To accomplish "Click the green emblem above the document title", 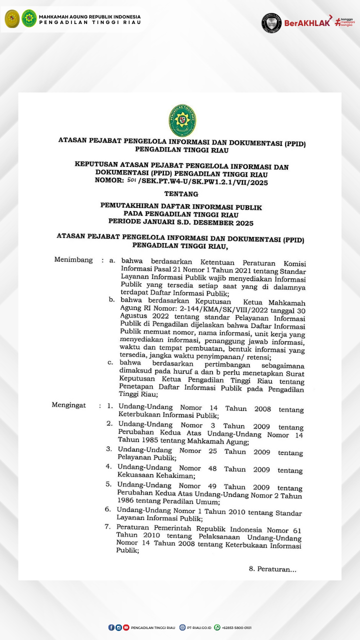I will tap(182, 120).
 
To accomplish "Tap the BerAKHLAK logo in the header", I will tap(307, 22).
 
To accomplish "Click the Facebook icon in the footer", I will tap(111, 627).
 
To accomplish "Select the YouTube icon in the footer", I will tap(126, 627).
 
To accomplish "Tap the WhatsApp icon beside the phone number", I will tap(217, 627).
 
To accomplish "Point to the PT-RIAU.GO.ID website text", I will tap(199, 627).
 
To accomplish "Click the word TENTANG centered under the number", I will tap(181, 194).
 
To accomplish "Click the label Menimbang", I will tap(73, 260).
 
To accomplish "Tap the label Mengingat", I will tap(69, 405).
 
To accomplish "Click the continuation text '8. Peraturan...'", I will tap(272, 569).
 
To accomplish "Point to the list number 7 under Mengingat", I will tap(107, 526).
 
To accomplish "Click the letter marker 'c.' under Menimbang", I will tap(110, 362).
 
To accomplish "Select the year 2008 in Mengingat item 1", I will tap(262, 409).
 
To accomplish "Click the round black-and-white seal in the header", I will tap(271, 22).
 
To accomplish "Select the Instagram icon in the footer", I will tap(118, 627).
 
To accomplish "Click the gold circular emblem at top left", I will tap(12, 18).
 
